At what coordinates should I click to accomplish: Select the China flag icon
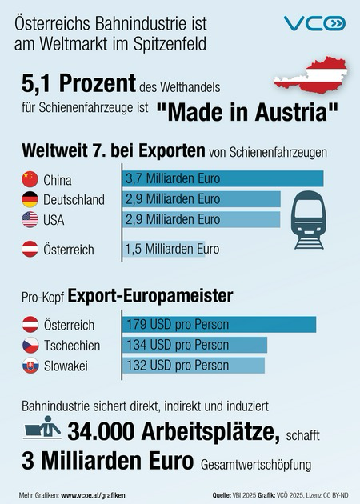click(x=29, y=178)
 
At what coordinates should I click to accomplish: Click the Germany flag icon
click(x=29, y=198)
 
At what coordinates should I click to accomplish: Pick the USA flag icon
click(x=29, y=219)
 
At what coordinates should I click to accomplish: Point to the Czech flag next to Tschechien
click(x=29, y=345)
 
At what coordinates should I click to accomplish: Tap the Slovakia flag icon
click(x=29, y=366)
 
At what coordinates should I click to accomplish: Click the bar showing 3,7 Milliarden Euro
click(x=222, y=178)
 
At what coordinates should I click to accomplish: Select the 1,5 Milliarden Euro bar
click(x=164, y=249)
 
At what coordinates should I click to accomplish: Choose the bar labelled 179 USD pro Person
click(x=219, y=325)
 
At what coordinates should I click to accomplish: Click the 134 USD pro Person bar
click(x=194, y=345)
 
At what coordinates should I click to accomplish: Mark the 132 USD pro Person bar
click(x=193, y=366)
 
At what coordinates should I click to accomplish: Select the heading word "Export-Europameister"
click(x=150, y=296)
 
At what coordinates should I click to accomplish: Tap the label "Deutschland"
click(x=73, y=199)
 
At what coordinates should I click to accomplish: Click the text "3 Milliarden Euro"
click(x=102, y=462)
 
